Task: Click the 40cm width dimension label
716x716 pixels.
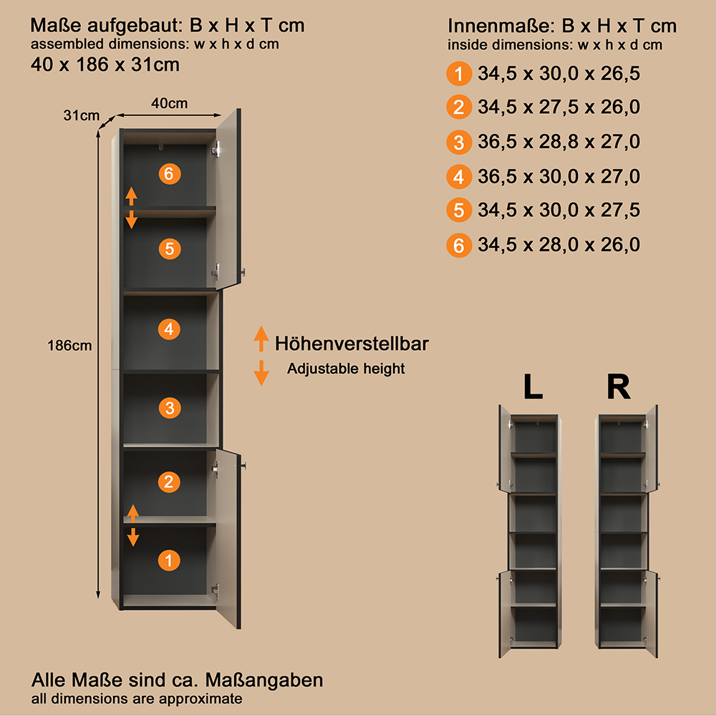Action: coord(169,103)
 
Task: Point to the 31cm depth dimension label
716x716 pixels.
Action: coord(82,115)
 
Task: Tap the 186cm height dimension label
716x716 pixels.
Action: coord(69,346)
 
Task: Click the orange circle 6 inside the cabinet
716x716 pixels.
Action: coord(170,173)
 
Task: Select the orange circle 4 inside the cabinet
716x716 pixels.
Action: coord(169,329)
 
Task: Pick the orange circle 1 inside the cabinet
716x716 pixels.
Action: coord(169,561)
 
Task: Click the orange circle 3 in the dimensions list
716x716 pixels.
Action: coord(459,142)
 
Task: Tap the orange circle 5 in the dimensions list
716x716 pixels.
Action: coord(459,210)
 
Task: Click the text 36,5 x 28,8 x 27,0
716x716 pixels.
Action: coord(559,142)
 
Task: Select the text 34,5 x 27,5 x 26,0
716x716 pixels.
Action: coord(559,107)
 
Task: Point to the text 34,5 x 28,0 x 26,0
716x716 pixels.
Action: coord(559,245)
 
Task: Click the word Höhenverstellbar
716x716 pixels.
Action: coord(352,344)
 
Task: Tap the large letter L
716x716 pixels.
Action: coord(533,387)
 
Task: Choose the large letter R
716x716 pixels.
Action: coord(619,387)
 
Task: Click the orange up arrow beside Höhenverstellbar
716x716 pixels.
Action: coord(261,339)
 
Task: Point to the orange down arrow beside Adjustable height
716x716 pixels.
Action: coord(261,373)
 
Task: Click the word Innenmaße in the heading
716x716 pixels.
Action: coord(500,26)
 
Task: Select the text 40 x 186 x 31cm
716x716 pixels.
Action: coord(105,65)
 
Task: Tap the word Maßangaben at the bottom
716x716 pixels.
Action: coord(264,680)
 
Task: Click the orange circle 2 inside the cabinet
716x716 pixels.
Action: coord(169,482)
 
